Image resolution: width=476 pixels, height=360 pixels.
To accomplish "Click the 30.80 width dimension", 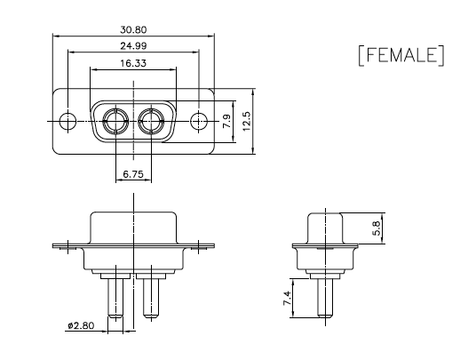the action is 133,29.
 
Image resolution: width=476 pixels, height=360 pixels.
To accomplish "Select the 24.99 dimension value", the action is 133,46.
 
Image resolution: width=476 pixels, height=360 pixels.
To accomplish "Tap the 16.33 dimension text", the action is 133,63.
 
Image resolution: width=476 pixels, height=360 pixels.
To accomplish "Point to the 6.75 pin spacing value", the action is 133,174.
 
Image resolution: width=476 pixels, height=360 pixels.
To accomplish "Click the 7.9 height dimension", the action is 227,121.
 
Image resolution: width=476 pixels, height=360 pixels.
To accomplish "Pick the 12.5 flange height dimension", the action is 247,121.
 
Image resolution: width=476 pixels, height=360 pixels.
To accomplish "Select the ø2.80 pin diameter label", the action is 81,325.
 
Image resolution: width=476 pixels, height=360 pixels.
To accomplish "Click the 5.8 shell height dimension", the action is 377,228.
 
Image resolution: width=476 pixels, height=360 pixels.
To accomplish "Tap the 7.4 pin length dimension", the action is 287,298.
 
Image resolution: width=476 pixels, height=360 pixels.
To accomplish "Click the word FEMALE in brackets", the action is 401,55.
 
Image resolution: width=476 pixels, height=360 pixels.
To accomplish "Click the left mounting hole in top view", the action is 67,121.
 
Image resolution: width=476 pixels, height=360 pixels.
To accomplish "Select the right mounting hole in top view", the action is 199,121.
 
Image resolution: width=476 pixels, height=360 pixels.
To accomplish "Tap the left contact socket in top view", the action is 115,121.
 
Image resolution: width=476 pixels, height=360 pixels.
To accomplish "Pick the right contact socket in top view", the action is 151,121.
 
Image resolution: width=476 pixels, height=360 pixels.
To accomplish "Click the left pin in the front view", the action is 115,299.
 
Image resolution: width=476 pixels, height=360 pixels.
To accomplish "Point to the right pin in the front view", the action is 151,299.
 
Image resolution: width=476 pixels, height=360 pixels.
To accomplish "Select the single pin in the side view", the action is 325,299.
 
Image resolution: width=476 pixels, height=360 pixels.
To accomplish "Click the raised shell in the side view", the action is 325,228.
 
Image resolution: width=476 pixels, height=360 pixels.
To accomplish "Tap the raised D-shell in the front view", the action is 133,228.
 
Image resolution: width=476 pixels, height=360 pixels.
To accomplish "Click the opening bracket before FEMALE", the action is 361,55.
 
